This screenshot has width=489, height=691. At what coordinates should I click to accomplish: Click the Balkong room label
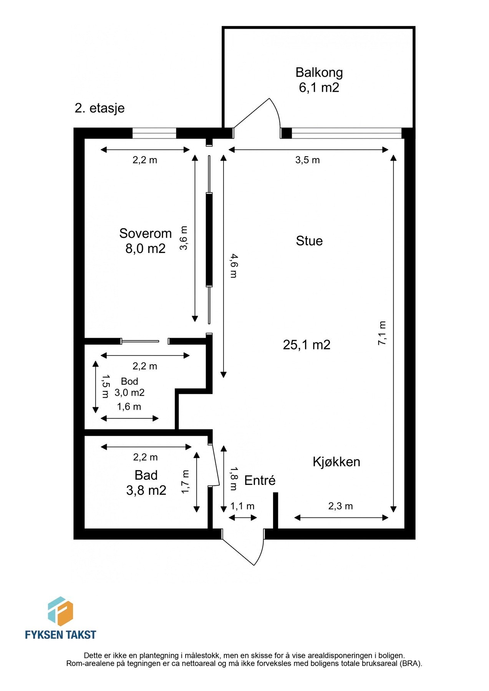[x=319, y=72]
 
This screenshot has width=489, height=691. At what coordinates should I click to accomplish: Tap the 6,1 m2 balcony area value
[x=319, y=88]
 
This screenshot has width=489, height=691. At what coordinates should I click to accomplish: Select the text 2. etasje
[x=99, y=108]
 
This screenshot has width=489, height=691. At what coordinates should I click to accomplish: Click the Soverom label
[x=145, y=233]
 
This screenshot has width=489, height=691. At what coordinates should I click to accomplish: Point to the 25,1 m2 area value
[x=307, y=345]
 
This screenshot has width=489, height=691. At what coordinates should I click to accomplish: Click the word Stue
[x=309, y=241]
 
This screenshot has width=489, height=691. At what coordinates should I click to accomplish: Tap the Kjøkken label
[x=336, y=461]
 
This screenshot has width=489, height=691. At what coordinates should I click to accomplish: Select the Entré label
[x=260, y=480]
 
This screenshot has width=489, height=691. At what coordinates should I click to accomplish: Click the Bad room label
[x=146, y=475]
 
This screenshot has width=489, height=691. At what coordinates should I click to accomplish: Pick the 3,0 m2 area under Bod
[x=129, y=393]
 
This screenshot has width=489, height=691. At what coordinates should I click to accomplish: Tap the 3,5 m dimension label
[x=307, y=160]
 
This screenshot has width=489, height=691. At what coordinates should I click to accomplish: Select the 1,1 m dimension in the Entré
[x=242, y=506]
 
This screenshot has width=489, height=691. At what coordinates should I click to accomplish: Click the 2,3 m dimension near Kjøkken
[x=340, y=506]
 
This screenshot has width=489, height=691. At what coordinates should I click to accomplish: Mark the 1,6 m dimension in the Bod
[x=129, y=407]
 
